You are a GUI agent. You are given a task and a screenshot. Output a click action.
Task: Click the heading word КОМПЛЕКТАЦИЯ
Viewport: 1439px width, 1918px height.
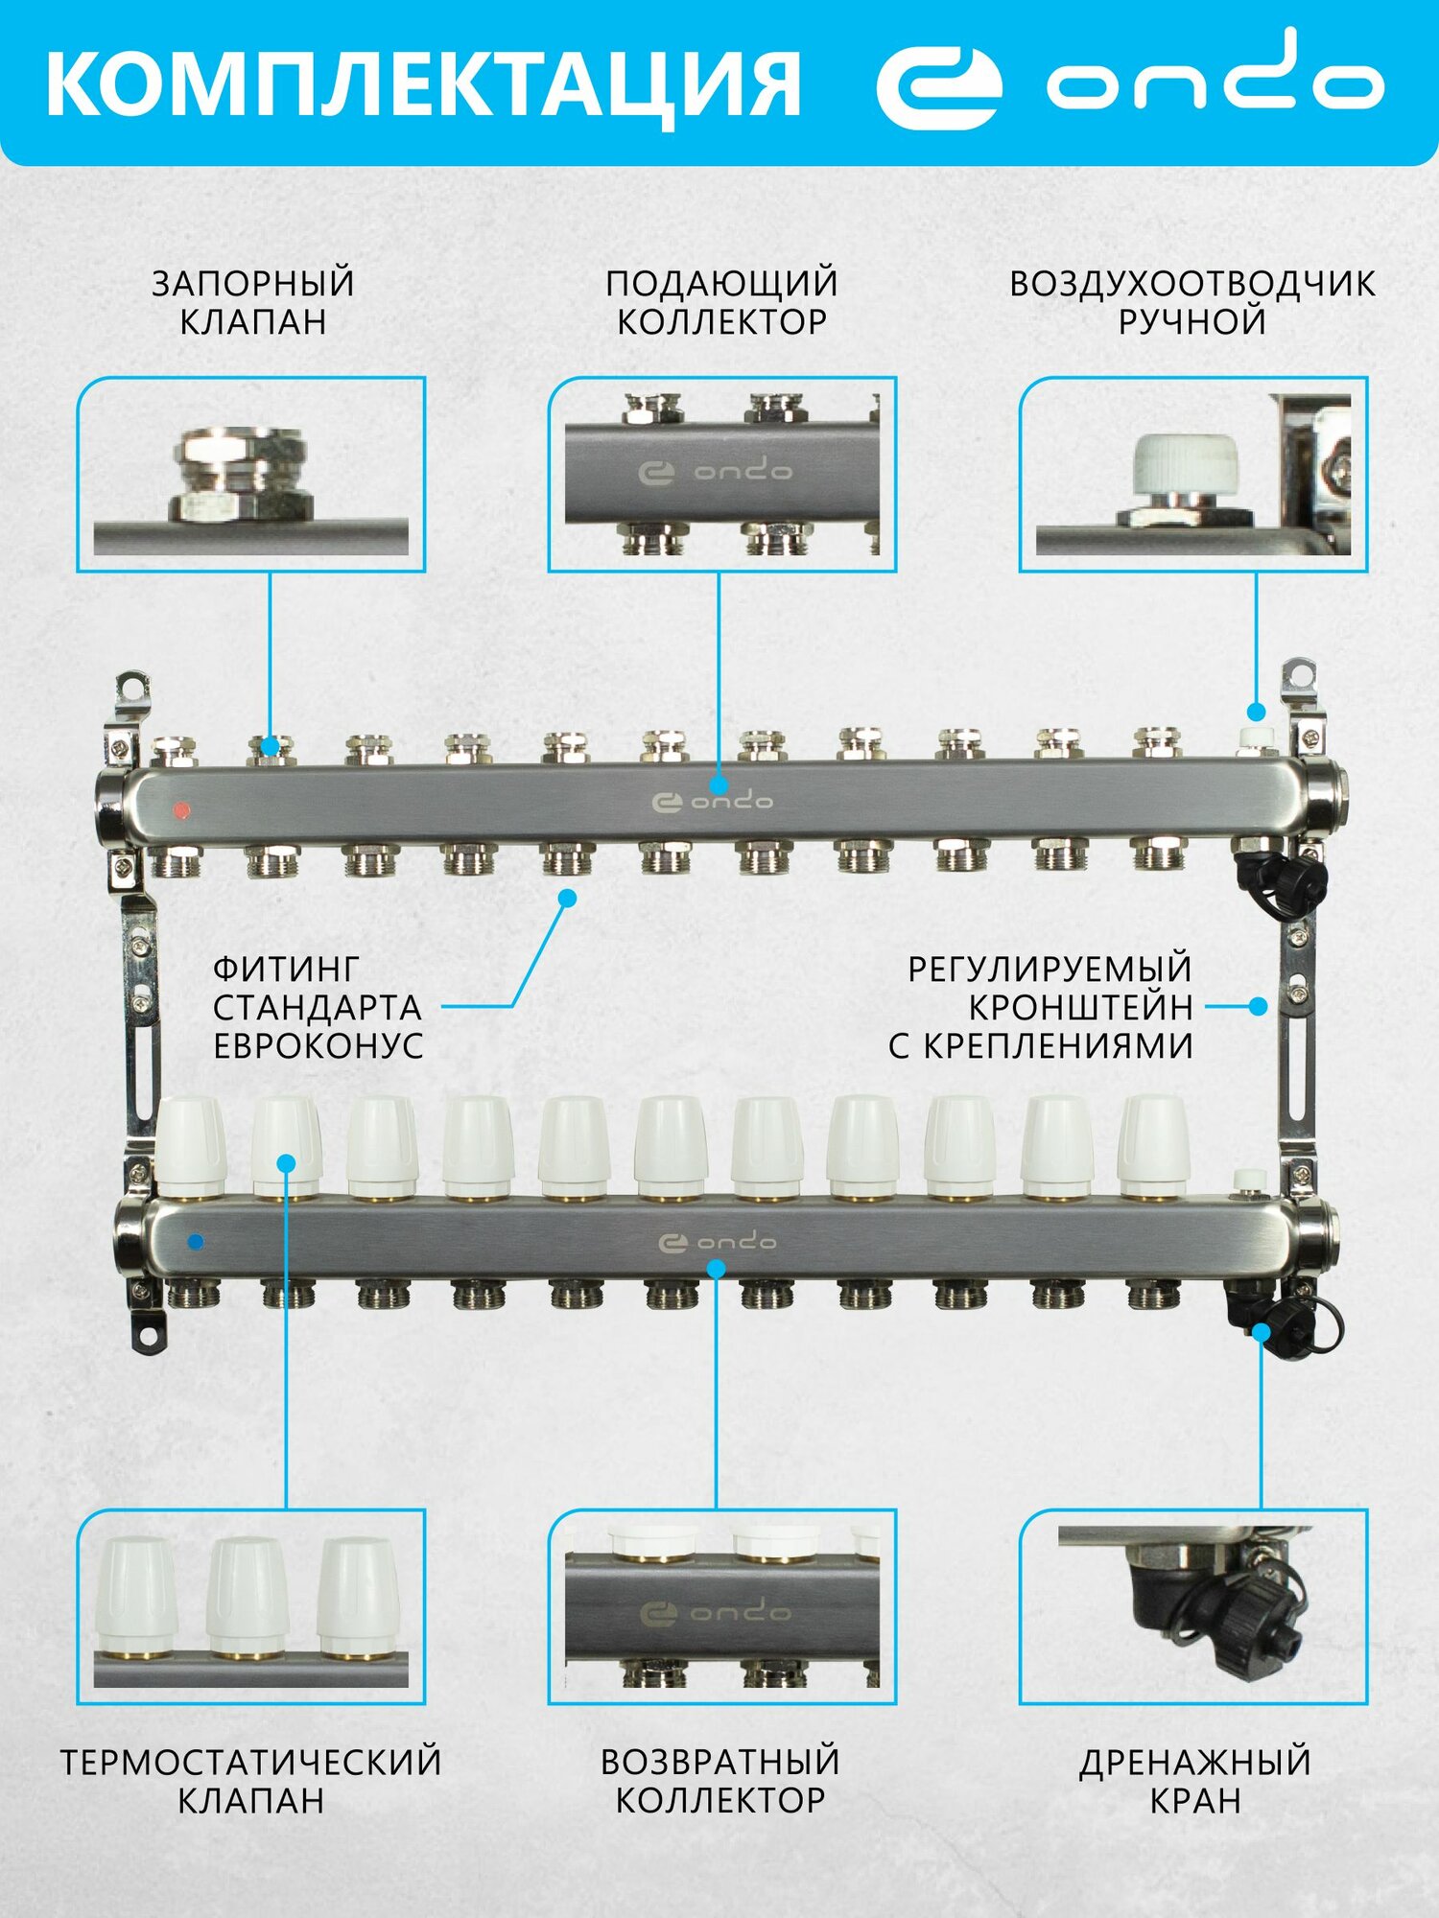[x=422, y=84]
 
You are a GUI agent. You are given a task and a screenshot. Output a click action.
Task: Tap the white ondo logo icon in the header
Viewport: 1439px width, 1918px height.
[x=938, y=85]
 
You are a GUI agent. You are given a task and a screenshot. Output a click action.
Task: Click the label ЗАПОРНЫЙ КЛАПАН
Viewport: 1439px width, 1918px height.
[x=253, y=302]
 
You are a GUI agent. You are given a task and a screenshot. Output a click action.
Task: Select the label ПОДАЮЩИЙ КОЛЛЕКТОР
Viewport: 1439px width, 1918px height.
[x=721, y=302]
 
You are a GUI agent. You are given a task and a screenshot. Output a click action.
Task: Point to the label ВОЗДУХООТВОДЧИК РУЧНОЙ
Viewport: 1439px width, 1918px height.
[x=1192, y=302]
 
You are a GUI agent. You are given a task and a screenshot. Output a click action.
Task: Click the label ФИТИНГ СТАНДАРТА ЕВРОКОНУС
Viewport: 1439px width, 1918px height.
[x=318, y=1007]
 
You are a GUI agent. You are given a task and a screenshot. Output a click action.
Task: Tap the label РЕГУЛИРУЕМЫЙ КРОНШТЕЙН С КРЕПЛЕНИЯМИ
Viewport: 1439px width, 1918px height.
[x=1042, y=1007]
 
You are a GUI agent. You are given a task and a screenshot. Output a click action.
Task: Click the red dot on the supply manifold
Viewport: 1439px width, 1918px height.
[x=180, y=810]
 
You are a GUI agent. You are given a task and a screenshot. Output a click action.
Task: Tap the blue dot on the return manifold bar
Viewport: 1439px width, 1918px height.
[x=196, y=1242]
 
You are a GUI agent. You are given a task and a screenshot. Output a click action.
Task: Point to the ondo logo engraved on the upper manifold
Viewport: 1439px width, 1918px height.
[x=712, y=801]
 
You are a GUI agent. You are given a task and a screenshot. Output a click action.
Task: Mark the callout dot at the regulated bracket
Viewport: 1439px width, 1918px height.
[x=1259, y=1007]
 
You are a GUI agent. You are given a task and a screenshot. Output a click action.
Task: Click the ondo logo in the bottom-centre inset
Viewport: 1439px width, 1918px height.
[x=716, y=1613]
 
